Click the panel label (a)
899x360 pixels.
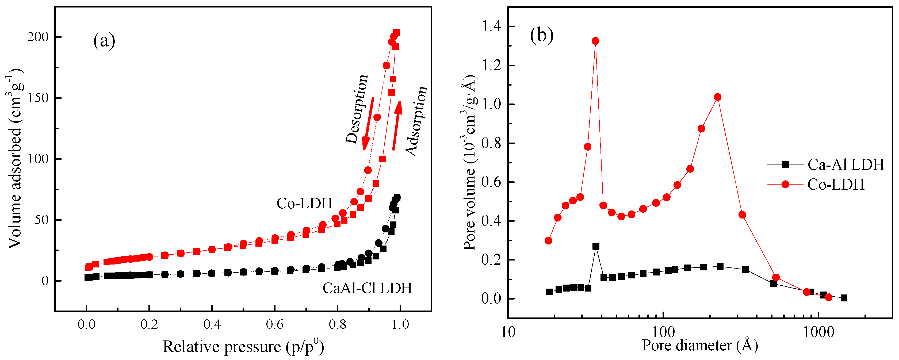click(x=104, y=41)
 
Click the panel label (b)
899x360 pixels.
click(x=542, y=35)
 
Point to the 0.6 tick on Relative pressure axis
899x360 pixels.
click(x=274, y=324)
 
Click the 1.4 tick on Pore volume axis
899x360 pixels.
click(x=491, y=26)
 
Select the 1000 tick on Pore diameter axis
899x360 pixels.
click(x=818, y=332)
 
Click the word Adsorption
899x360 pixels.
click(x=417, y=120)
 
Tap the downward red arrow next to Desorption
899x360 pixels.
click(x=368, y=124)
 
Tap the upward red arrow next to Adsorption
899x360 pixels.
click(x=397, y=126)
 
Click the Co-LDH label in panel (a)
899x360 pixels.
click(x=304, y=203)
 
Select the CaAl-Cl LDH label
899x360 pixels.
click(x=367, y=288)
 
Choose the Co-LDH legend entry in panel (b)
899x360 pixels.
click(x=836, y=185)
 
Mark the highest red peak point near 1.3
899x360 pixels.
click(x=596, y=41)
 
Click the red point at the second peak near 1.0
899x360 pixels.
click(x=718, y=97)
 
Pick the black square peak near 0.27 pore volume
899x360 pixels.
click(x=596, y=246)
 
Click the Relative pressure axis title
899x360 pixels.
click(x=243, y=346)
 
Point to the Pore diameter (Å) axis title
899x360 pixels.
click(x=700, y=345)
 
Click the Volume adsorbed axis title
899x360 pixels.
click(x=15, y=159)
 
